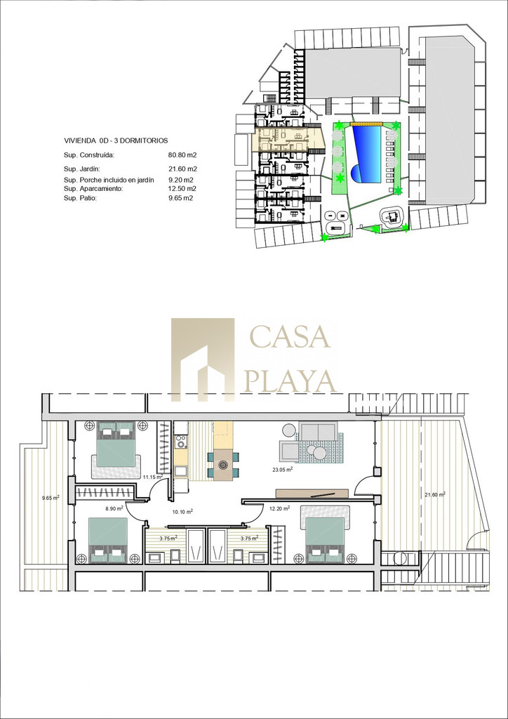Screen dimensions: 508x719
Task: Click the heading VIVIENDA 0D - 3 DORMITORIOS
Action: [116, 140]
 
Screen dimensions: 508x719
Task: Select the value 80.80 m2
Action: [182, 155]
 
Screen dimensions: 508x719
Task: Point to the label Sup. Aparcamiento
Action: [93, 189]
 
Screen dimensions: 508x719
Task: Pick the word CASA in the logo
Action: [290, 336]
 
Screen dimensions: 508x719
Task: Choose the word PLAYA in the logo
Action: [290, 381]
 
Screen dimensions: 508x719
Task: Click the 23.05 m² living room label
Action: [282, 469]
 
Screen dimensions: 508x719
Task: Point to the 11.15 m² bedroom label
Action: [152, 477]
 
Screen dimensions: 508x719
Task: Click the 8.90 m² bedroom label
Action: [114, 508]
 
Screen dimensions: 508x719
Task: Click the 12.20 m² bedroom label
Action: [280, 508]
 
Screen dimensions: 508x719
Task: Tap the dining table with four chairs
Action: [223, 465]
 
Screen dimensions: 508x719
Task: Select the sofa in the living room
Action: [318, 432]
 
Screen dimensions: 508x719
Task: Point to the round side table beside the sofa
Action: [289, 430]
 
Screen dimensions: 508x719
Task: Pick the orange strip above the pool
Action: [366, 124]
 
